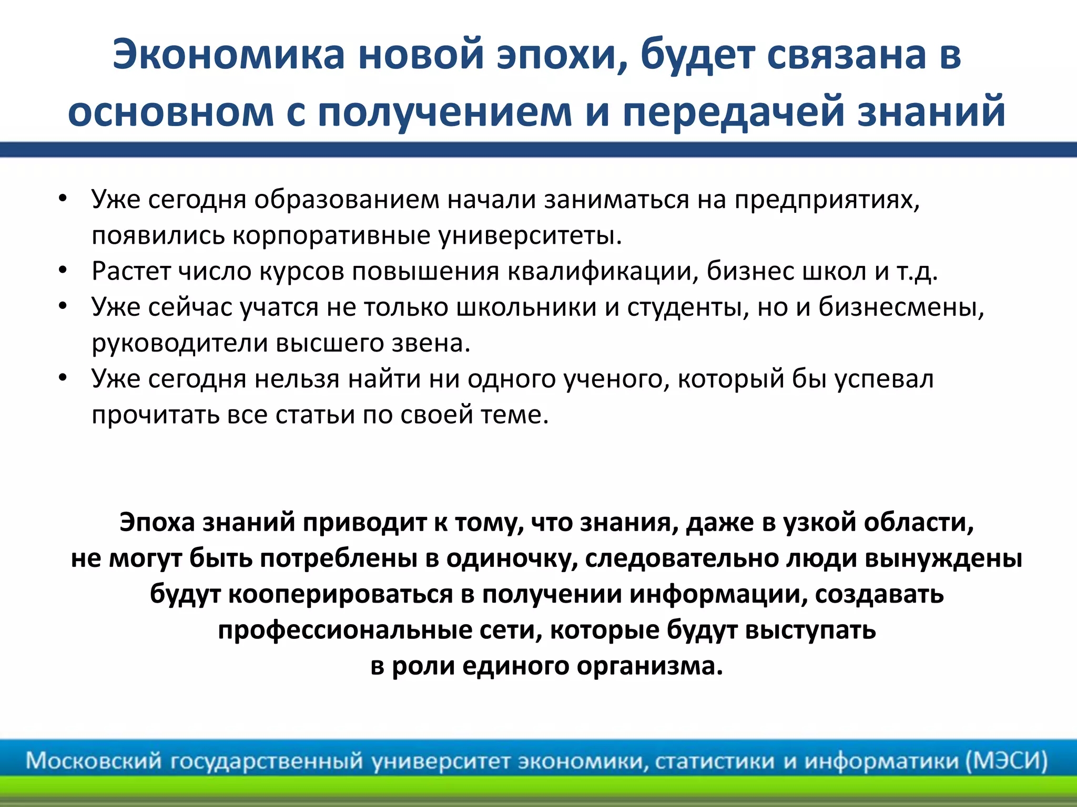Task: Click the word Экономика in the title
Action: click(x=228, y=55)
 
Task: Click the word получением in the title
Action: click(x=444, y=112)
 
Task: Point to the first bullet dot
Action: click(x=63, y=200)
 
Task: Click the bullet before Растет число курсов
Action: click(x=63, y=272)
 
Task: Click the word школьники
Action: click(x=526, y=307)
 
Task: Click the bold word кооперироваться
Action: click(x=341, y=594)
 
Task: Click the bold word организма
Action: click(x=649, y=666)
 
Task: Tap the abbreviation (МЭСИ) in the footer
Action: click(x=1007, y=761)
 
